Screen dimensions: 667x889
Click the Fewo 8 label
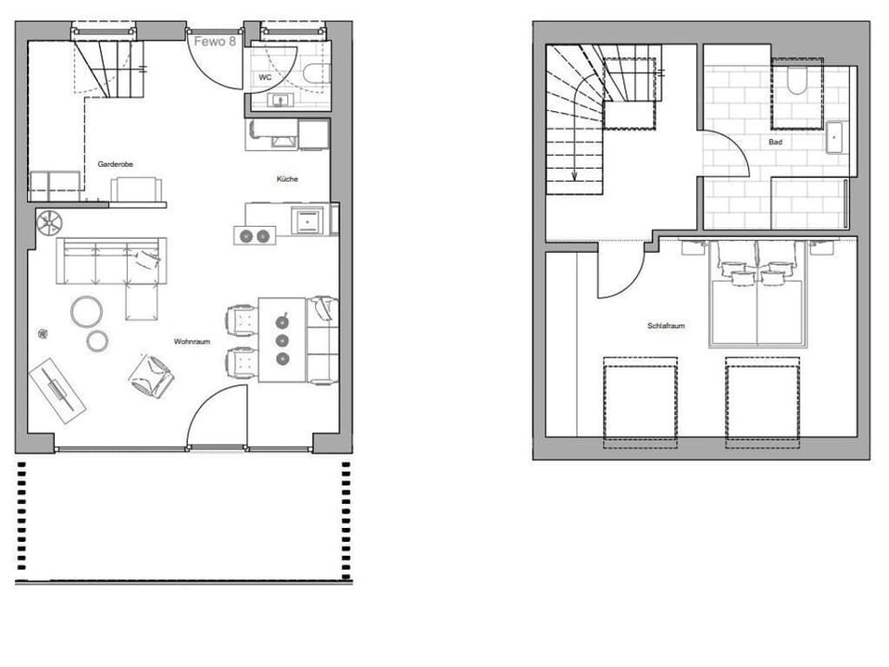[x=215, y=41]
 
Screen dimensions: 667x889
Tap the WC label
[x=264, y=77]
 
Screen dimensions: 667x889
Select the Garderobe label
[x=116, y=164]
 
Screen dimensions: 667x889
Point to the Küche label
[x=287, y=179]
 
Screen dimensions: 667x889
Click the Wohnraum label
[x=192, y=342]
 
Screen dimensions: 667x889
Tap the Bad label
[x=775, y=143]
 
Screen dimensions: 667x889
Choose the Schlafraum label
[x=666, y=326]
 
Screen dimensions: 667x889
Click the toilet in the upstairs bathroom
[x=796, y=82]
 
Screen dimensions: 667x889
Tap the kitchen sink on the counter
[x=306, y=220]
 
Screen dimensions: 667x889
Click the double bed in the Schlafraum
[x=758, y=301]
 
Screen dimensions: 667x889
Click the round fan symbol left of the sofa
[x=48, y=221]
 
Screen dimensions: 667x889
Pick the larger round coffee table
[x=87, y=311]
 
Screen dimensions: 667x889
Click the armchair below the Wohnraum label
[x=151, y=374]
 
